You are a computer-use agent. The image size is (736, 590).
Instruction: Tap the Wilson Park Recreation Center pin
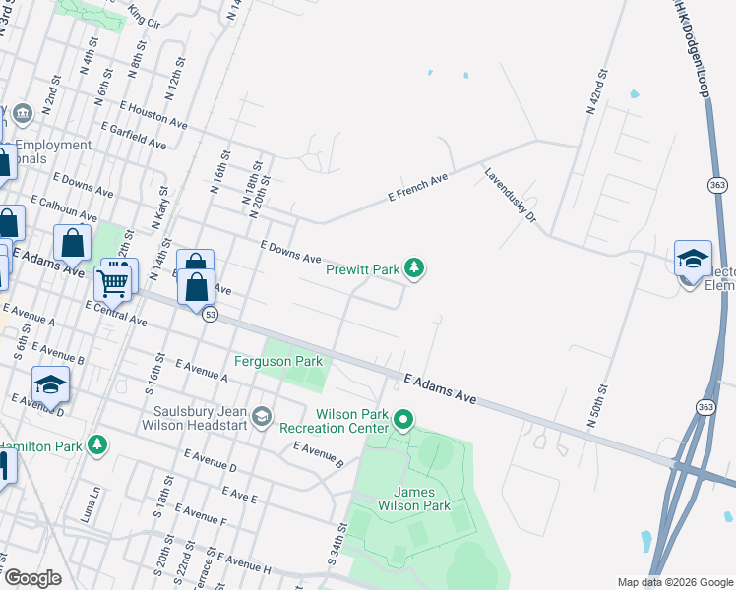coord(403,421)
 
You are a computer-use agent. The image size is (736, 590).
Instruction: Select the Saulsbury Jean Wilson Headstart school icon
coord(261,418)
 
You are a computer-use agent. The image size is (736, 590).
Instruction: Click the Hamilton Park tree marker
coord(96,446)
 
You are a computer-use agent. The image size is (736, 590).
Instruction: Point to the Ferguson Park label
coord(278,361)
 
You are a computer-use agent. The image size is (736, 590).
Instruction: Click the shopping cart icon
coord(113,284)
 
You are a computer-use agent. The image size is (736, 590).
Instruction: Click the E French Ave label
coord(418,185)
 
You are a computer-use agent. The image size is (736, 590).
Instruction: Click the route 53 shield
coord(210,315)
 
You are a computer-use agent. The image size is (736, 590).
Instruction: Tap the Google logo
coord(31,578)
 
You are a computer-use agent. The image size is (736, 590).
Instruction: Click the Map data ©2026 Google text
coord(675,582)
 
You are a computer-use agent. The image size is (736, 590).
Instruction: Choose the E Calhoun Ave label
coord(64,206)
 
